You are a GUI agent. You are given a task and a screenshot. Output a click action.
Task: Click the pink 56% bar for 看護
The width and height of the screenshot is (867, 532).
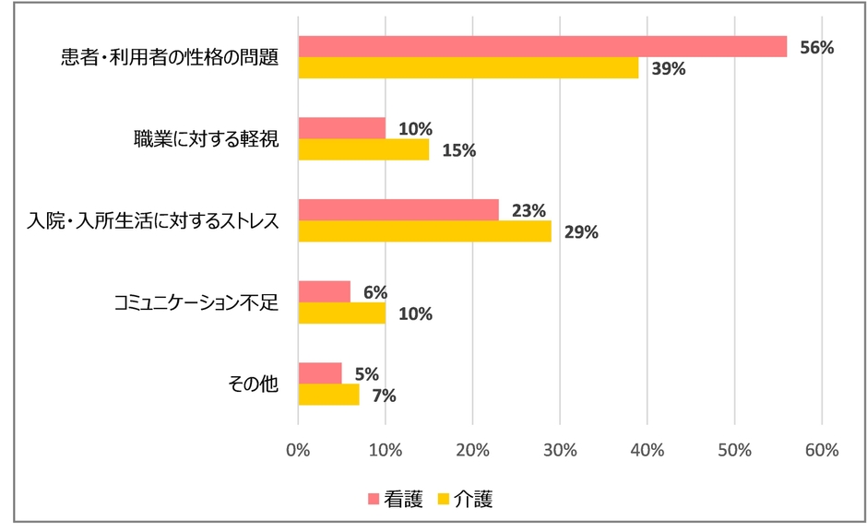point(542,47)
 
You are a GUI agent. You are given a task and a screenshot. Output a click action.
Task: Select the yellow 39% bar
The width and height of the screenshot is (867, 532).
point(469,68)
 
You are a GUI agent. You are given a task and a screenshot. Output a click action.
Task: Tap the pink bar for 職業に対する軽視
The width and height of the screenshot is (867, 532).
point(342,128)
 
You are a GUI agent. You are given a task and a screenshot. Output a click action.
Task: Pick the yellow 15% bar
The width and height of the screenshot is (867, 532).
point(363,149)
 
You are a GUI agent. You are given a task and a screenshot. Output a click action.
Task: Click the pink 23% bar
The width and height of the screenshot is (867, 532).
point(398,210)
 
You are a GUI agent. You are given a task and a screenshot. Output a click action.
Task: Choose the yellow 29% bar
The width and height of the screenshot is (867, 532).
point(425,231)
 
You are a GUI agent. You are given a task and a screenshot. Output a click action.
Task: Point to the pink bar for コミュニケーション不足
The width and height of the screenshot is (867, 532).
point(325,291)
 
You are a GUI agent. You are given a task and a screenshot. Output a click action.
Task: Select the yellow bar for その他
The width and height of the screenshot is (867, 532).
point(328,395)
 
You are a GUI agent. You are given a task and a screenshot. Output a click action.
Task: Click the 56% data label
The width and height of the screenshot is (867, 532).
point(816,47)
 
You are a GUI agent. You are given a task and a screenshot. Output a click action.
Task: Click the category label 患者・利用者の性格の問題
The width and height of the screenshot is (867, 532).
point(167,57)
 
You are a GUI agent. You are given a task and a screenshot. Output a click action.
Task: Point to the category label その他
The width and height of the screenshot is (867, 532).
point(252,384)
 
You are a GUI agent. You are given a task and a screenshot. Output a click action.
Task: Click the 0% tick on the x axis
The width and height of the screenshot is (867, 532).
point(298,450)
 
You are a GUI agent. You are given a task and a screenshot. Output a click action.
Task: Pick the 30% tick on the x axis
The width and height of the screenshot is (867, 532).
point(560,450)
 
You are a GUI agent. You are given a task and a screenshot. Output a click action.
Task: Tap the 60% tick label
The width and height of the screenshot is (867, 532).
point(821,450)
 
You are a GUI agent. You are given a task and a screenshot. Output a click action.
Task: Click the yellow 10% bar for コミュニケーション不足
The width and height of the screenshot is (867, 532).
point(342,313)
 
